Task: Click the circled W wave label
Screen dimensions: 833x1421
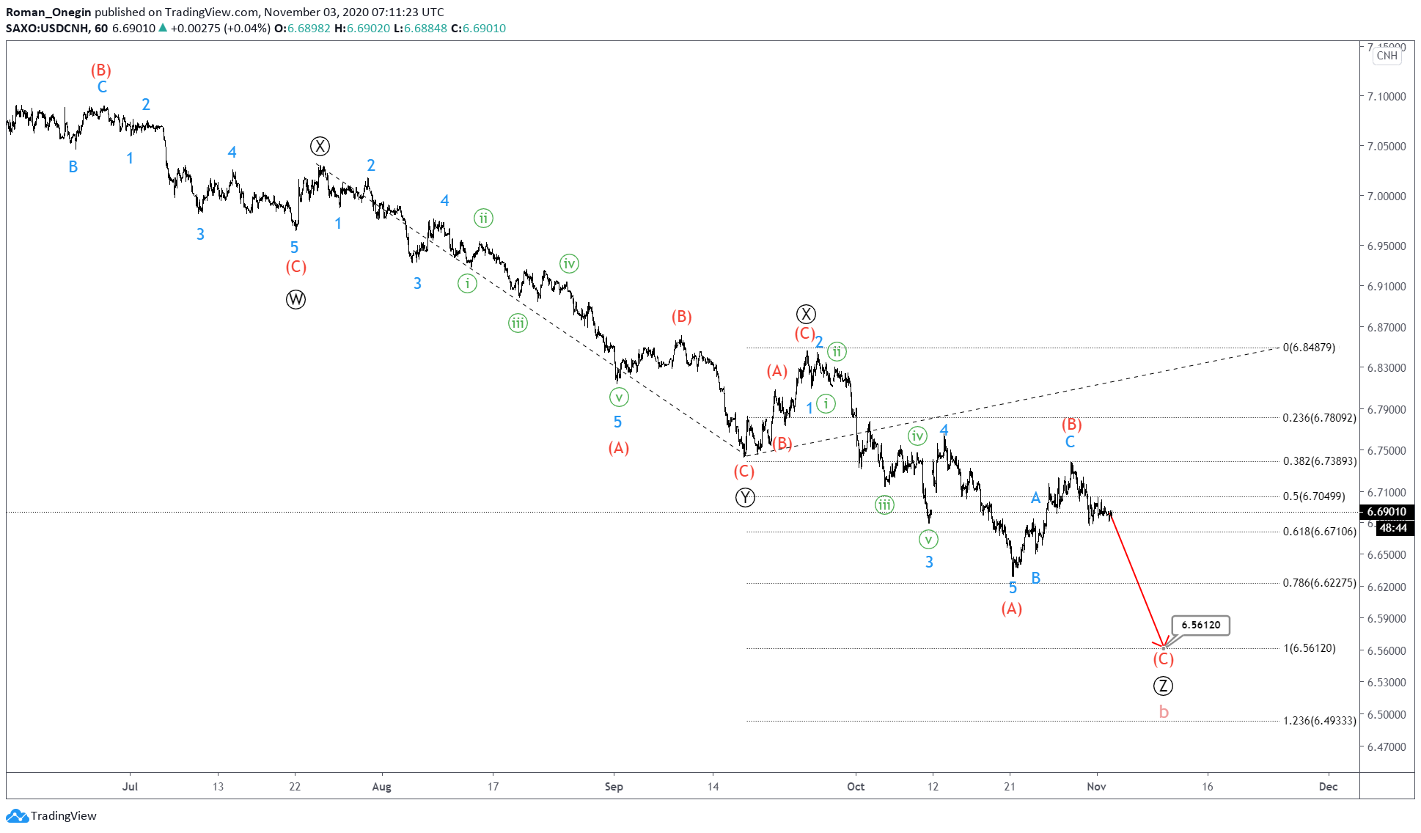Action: pos(295,299)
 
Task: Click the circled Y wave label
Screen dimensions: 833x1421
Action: pos(745,497)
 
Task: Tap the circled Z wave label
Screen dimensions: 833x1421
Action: pos(1163,686)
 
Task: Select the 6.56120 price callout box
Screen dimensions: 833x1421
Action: pos(1200,625)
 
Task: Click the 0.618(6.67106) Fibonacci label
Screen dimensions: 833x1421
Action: pos(1319,532)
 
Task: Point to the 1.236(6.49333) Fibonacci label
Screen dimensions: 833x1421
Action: pos(1319,721)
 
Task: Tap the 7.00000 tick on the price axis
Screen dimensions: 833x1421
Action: pos(1386,196)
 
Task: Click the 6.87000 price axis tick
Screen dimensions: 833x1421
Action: pos(1386,327)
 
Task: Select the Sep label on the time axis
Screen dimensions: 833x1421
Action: pos(614,787)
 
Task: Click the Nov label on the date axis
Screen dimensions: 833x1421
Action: pos(1096,787)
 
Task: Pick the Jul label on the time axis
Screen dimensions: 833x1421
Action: pos(130,787)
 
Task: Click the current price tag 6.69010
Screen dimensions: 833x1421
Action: pos(1386,512)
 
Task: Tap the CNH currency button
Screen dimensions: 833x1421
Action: pos(1387,56)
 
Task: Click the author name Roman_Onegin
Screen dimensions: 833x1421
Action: pos(48,12)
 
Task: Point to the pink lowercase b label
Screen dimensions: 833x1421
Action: pos(1164,712)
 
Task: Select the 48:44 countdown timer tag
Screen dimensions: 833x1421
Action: pos(1392,528)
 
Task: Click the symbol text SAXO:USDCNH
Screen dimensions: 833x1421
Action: pos(47,29)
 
